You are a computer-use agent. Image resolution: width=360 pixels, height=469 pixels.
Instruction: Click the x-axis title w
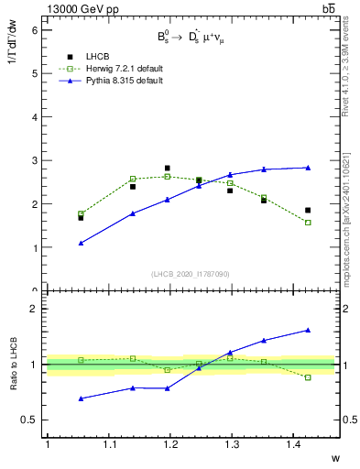click(335, 457)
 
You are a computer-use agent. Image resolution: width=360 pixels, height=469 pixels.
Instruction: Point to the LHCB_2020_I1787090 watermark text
click(191, 274)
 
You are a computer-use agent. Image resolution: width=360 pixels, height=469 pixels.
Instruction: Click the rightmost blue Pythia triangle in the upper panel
click(308, 168)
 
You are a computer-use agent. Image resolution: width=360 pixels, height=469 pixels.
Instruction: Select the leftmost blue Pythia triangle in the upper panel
click(82, 243)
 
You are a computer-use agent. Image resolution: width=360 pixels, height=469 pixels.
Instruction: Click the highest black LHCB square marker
click(167, 169)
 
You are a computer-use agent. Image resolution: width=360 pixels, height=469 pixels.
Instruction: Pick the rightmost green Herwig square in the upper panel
click(308, 223)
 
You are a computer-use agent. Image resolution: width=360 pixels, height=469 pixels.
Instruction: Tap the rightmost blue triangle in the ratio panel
click(308, 330)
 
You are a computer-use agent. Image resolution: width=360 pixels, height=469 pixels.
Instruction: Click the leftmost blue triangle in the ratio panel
click(82, 398)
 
